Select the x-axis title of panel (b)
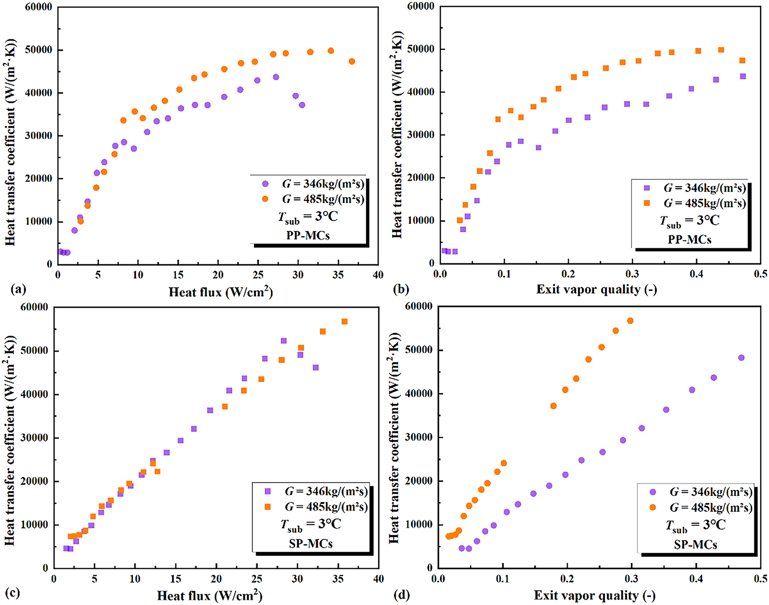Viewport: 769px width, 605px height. [x=596, y=289]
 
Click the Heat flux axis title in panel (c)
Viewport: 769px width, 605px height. [x=210, y=596]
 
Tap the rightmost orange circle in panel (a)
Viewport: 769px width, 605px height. [x=352, y=61]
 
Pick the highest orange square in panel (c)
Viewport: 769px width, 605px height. [x=345, y=321]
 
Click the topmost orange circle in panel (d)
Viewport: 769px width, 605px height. [x=630, y=321]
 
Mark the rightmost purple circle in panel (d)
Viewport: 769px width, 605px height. [x=741, y=358]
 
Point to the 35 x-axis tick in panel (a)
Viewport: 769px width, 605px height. [x=338, y=275]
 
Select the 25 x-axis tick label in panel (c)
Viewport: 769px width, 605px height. [x=257, y=579]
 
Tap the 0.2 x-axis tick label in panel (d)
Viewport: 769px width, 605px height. [x=567, y=579]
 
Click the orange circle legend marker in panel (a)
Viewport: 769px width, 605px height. [x=265, y=199]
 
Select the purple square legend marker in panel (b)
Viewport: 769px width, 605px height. [x=647, y=188]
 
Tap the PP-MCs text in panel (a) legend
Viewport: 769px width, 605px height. [x=308, y=235]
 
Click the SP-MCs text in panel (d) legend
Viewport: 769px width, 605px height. [x=696, y=545]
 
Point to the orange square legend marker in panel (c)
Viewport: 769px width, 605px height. [x=268, y=507]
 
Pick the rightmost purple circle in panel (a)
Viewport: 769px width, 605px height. [x=302, y=105]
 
